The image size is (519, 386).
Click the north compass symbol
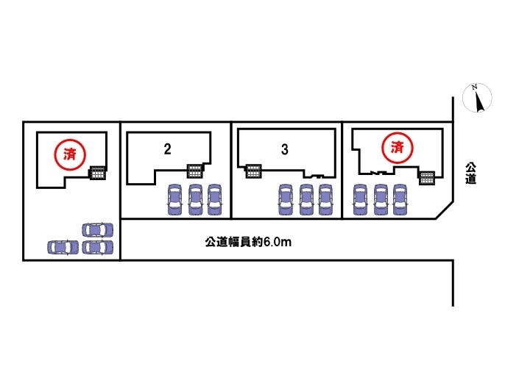click(x=477, y=99)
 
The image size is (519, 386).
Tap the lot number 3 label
click(x=284, y=149)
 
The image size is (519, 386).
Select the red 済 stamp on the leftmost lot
click(x=70, y=154)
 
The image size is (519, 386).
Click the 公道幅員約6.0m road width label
click(x=249, y=240)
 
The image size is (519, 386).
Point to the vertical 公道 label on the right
click(x=470, y=174)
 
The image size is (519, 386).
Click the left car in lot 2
click(x=175, y=199)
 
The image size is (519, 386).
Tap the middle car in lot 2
click(x=195, y=199)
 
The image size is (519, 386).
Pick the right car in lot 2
click(x=214, y=199)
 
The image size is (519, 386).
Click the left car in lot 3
click(x=286, y=199)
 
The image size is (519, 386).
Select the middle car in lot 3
click(x=306, y=199)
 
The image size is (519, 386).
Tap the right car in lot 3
click(x=325, y=199)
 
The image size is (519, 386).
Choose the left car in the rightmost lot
click(x=360, y=199)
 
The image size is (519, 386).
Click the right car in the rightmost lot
click(x=400, y=199)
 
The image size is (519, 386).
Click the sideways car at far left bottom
click(x=62, y=247)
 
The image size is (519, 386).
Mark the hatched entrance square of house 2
click(x=194, y=171)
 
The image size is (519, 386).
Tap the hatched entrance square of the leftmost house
click(x=97, y=174)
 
